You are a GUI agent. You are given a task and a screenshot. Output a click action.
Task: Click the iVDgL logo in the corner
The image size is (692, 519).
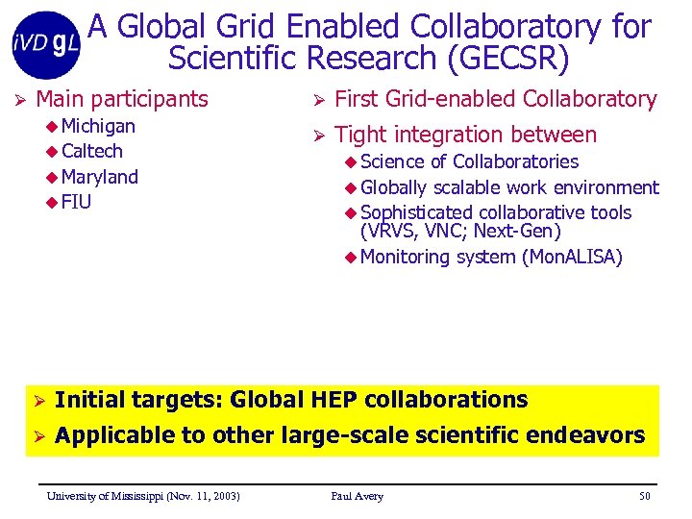point(46,43)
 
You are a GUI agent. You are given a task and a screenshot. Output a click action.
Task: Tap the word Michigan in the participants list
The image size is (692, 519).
point(98,126)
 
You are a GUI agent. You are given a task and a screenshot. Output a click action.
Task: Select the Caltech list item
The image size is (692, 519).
point(91,151)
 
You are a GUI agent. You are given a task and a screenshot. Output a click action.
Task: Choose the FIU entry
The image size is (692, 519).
point(76,202)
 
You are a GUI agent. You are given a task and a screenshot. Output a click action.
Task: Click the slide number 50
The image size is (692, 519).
point(644,496)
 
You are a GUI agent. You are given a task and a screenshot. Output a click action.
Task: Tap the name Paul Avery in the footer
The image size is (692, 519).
point(357,496)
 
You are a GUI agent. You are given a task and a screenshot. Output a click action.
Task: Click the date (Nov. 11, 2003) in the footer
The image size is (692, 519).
point(202,496)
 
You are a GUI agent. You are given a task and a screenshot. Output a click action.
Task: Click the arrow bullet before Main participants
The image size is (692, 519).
point(18,99)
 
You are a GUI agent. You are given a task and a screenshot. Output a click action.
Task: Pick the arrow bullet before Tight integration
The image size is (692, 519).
point(318,136)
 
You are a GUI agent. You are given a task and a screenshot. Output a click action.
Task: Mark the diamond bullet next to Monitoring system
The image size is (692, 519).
point(350,257)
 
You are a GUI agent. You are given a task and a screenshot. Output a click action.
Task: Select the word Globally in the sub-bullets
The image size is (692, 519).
point(394,186)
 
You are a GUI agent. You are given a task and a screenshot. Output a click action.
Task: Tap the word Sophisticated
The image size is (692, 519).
point(415,212)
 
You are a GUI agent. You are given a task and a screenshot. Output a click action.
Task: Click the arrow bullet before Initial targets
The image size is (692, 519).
point(39,401)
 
